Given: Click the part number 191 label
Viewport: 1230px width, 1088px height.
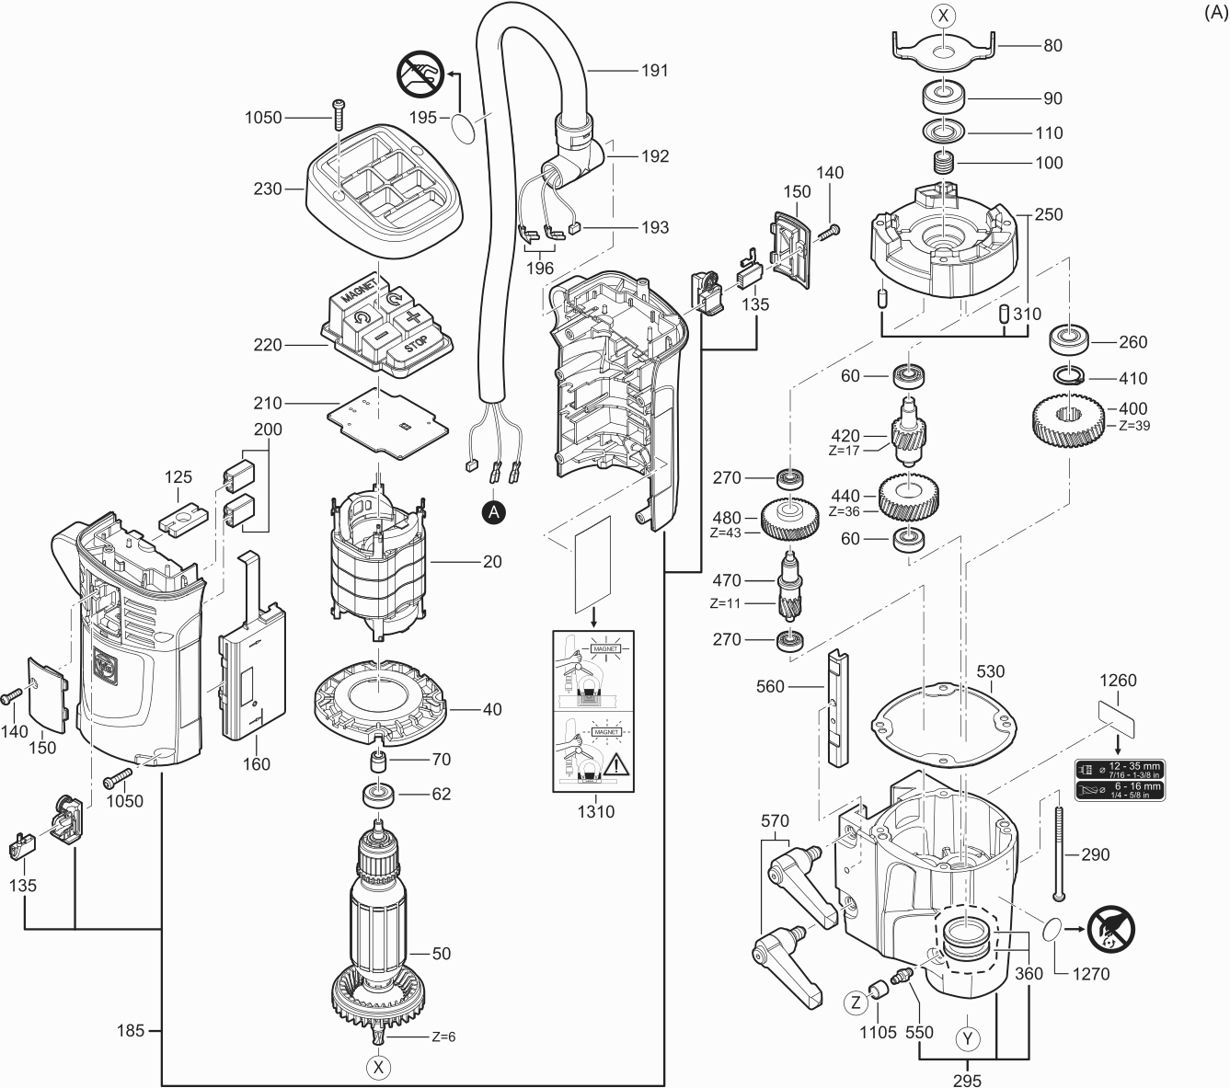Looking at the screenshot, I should (654, 70).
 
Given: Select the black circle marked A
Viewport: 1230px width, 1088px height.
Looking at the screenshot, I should (494, 512).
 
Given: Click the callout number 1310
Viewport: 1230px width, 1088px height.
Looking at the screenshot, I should (595, 811).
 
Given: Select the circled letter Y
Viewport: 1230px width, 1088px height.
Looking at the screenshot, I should (967, 1039).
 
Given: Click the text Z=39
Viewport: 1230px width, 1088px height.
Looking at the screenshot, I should (1134, 426).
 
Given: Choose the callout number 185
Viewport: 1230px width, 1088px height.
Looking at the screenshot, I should (131, 1030).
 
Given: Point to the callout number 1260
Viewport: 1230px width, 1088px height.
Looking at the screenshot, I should (1118, 681).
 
